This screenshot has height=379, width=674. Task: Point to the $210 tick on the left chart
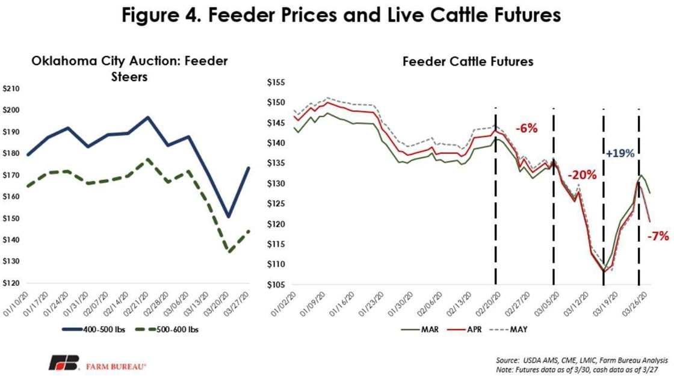click(12, 89)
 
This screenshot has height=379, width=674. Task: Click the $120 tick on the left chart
click(12, 283)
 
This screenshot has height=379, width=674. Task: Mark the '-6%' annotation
click(525, 128)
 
